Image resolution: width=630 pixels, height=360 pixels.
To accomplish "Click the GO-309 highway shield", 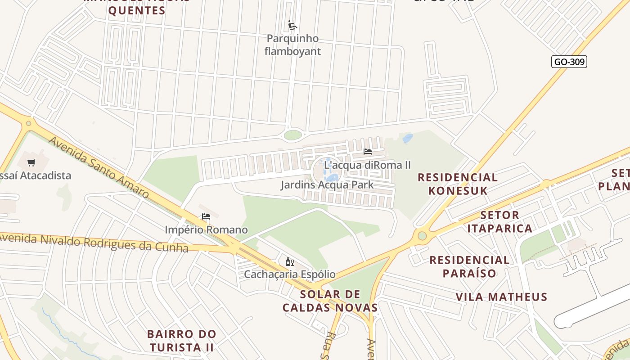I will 569,62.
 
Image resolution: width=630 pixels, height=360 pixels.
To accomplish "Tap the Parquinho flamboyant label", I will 292,45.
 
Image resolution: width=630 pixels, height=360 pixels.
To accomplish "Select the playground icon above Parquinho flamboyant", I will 292,25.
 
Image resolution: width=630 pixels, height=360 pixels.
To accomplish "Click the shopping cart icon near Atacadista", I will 31,162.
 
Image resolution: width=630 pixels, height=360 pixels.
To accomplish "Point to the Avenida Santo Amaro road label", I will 99,167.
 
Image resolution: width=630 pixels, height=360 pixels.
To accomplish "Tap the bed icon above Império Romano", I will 206,216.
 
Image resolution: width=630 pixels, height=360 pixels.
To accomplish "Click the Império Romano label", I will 206,230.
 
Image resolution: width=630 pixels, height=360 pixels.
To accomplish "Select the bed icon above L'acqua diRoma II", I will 368,152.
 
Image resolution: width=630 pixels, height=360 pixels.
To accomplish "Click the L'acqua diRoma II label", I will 367,165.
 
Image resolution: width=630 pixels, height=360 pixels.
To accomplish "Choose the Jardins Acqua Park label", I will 327,185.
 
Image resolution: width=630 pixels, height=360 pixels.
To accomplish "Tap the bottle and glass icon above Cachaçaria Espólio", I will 289,261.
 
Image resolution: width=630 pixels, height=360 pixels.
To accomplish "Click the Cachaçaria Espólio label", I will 289,274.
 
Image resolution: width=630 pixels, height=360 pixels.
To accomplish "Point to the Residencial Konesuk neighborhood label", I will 458,184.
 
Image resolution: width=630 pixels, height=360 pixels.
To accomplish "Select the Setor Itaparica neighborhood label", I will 499,222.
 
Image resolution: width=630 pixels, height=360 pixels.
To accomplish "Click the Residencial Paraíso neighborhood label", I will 469,266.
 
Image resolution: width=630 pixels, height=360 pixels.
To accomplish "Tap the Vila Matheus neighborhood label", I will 501,297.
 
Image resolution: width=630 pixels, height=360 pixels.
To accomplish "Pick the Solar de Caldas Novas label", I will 330,301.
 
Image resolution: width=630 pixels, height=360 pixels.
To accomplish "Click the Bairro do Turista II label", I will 182,341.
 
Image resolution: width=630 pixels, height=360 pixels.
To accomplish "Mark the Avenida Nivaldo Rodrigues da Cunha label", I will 94,242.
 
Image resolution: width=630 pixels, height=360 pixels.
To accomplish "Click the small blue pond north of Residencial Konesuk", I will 408,139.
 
